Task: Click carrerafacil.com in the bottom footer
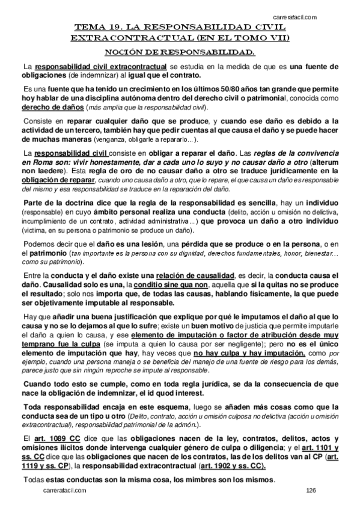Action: coord(64,491)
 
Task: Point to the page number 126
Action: coord(310,491)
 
